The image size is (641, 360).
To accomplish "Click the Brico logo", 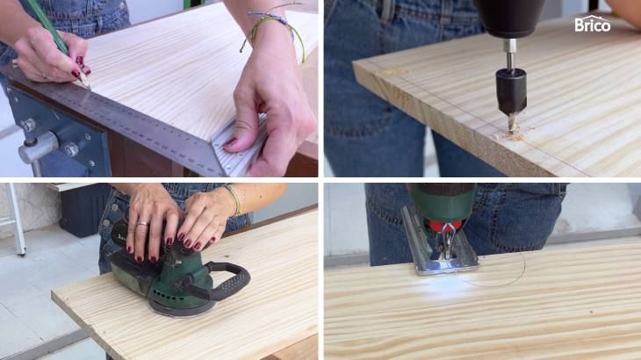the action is coord(593,24).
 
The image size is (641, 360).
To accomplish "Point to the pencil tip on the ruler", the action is coord(88,85).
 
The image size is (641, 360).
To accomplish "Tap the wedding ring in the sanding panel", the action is coord(142,224).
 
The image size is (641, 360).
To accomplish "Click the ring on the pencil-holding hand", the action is coord(45,76).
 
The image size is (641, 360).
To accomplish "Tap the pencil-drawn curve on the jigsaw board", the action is coord(503,277).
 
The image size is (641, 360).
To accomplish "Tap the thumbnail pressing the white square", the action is coord(230,141).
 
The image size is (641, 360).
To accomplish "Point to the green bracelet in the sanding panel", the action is coord(234,200).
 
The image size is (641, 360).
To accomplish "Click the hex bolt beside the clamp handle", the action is coord(71,149).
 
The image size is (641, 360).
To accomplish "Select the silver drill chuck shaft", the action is coord(510,54).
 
